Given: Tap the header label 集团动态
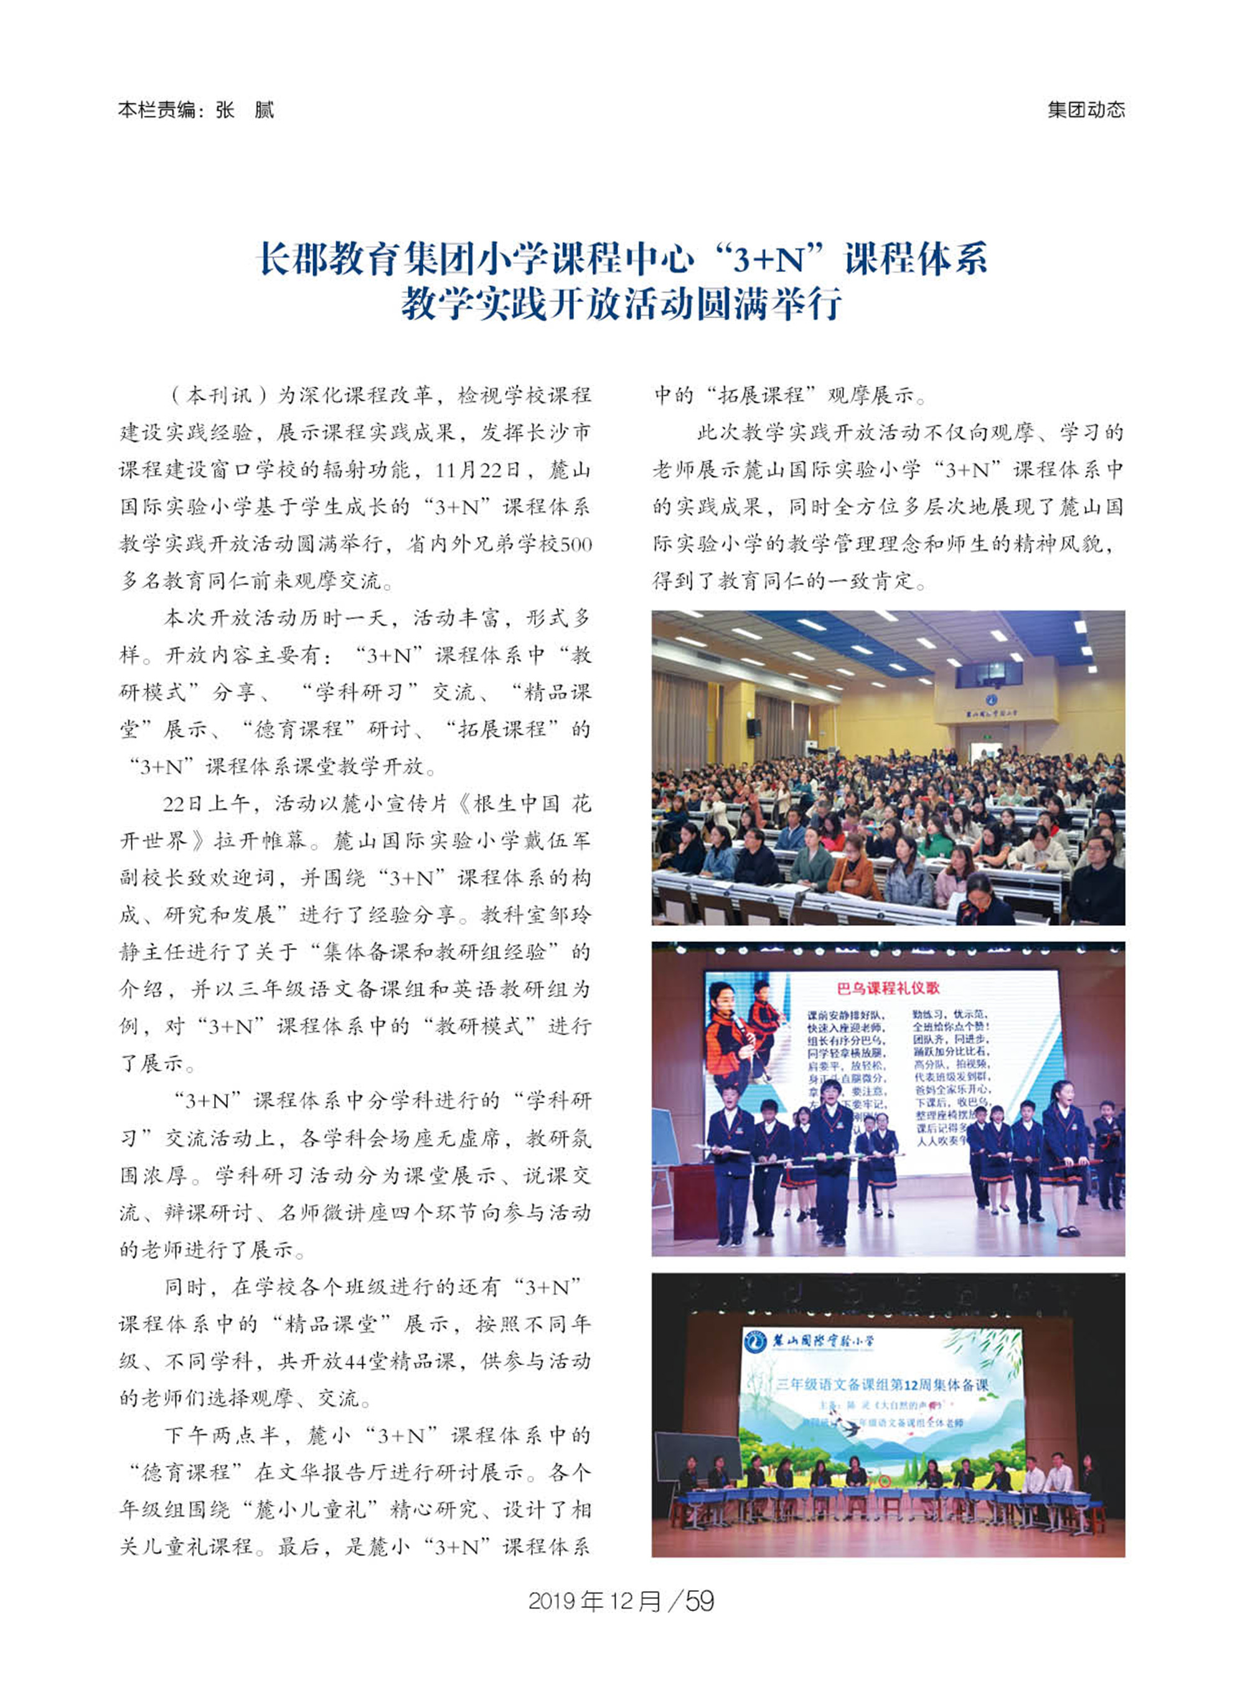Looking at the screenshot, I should pos(1085,110).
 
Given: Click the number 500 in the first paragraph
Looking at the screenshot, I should pos(576,544).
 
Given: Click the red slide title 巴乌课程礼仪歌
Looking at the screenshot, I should pos(888,988).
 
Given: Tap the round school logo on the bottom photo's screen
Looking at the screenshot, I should pos(755,1342).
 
